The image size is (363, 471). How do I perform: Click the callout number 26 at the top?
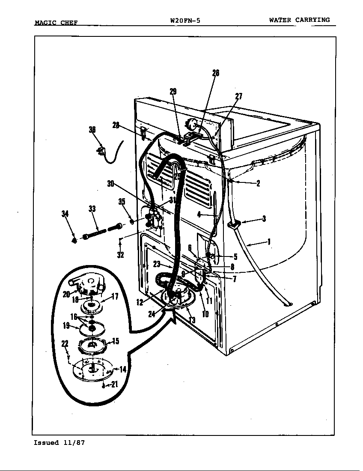click(216, 73)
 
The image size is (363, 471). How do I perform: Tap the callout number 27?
click(239, 96)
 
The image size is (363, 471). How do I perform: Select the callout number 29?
click(173, 91)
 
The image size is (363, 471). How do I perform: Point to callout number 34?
click(65, 214)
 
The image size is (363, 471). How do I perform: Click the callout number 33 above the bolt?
click(92, 209)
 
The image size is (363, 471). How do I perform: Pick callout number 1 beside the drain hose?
click(269, 242)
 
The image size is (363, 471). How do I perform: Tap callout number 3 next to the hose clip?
click(264, 219)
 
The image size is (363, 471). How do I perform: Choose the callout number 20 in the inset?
click(66, 294)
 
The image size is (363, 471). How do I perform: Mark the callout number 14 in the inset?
click(123, 370)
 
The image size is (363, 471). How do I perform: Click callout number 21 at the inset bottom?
click(114, 385)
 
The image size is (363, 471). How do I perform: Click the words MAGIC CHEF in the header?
click(56, 22)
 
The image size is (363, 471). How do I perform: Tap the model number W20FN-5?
click(185, 20)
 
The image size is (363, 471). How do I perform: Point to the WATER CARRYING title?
click(299, 20)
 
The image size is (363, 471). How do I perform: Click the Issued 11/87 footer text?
click(59, 443)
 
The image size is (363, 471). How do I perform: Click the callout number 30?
click(110, 184)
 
